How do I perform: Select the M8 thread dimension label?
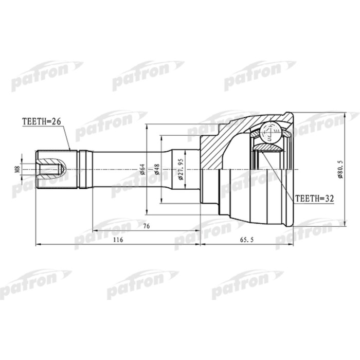(17, 168)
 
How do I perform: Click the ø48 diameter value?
(157, 169)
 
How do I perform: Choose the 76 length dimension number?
(146, 225)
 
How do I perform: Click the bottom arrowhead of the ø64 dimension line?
(148, 212)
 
